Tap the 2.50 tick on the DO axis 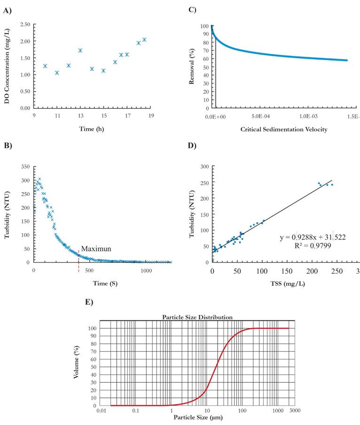[24, 24]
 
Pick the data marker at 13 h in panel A [80, 50]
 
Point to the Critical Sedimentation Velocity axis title [276, 129]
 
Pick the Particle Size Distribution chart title [197, 317]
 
